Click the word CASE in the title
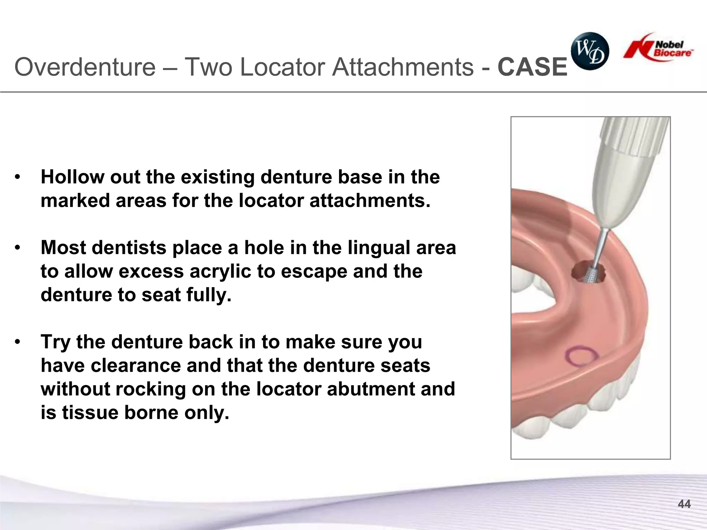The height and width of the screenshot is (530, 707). [x=532, y=67]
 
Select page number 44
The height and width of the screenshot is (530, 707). [x=684, y=504]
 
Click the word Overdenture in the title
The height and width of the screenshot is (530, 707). [x=85, y=67]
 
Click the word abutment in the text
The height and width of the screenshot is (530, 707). [x=370, y=389]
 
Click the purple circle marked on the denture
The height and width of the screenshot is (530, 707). [x=581, y=355]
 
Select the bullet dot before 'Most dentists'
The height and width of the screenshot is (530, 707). [x=18, y=248]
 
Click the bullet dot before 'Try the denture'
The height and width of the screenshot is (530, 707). [x=18, y=342]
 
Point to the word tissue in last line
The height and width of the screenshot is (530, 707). [x=90, y=413]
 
